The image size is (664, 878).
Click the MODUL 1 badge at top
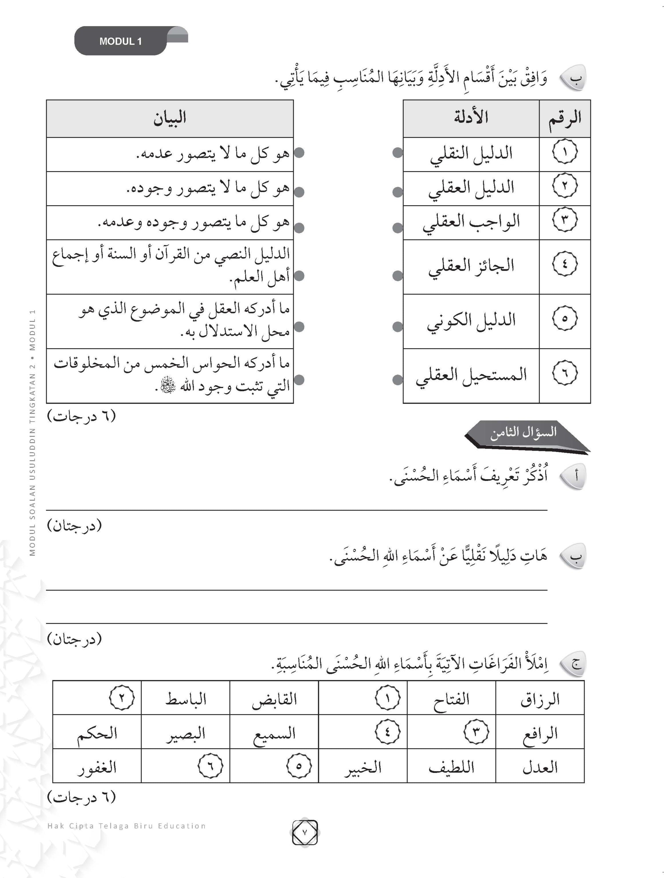(121, 41)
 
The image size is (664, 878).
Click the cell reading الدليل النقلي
(471, 154)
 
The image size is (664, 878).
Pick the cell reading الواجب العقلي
(471, 222)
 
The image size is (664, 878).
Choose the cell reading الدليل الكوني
(471, 321)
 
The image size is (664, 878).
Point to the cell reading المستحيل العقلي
(471, 375)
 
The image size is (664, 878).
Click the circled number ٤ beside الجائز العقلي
(564, 264)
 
